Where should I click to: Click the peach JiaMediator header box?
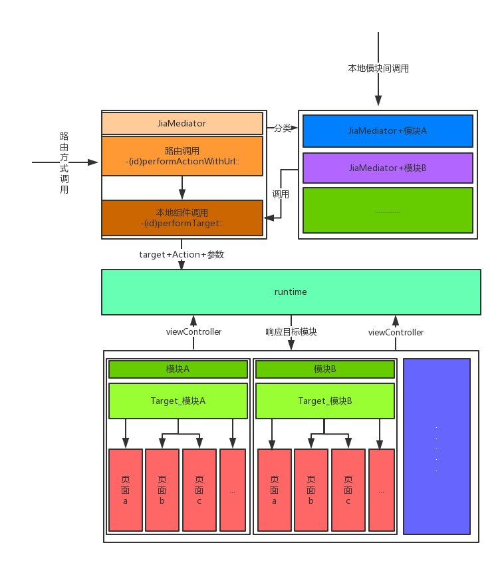pos(182,124)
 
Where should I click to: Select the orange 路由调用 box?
pos(182,156)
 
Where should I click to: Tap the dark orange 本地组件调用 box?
pos(182,218)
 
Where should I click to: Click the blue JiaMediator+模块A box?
pos(388,131)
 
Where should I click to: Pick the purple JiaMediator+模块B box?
pos(388,168)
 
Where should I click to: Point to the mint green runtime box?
pos(291,292)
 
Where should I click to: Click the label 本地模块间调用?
pos(378,69)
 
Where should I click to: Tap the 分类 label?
pos(283,128)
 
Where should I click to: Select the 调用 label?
pos(281,194)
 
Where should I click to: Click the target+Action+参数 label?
pos(182,255)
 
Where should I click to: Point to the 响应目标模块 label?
pos(291,332)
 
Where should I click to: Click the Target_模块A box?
pos(178,401)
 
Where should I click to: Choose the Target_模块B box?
pos(325,401)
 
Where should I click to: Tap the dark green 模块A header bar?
pos(178,369)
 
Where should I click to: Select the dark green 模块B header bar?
pos(325,369)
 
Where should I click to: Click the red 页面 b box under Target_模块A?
pos(162,490)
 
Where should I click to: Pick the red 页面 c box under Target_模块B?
pos(348,490)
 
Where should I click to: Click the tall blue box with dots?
pos(436,446)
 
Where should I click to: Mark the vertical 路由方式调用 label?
pos(64,163)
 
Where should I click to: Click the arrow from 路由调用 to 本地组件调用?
pos(182,188)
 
